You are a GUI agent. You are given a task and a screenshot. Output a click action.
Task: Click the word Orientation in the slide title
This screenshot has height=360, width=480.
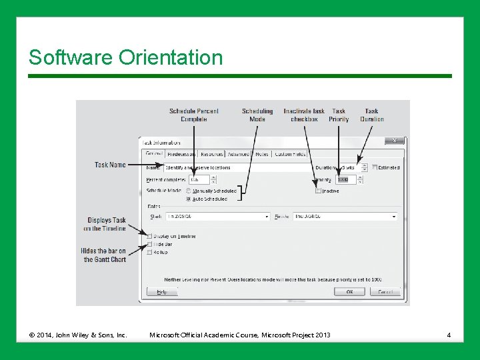click(171, 58)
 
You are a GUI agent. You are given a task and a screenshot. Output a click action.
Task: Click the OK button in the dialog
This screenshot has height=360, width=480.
click(349, 292)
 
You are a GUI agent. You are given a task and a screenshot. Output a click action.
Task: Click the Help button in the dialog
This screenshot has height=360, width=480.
click(161, 292)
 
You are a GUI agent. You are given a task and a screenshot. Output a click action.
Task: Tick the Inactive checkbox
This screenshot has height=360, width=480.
click(319, 191)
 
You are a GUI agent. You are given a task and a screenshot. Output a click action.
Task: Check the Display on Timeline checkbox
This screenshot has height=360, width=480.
click(149, 236)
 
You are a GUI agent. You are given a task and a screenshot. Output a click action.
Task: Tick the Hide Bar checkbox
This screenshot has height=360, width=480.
click(149, 244)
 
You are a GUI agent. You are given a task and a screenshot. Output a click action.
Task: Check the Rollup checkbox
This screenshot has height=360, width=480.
click(149, 252)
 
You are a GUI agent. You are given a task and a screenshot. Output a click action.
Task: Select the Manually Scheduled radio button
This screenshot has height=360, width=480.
click(189, 191)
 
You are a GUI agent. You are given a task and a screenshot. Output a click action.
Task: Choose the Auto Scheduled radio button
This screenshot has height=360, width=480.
click(189, 199)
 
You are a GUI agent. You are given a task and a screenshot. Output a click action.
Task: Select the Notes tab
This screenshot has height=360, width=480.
click(261, 154)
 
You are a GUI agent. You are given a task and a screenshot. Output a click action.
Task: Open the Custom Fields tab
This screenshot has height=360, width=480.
click(290, 154)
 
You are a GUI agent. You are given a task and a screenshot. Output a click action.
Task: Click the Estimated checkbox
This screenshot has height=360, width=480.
click(374, 167)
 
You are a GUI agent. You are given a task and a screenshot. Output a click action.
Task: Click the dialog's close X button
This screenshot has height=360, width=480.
click(395, 141)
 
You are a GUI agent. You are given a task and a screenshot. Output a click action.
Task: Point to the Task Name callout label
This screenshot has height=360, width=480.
click(110, 165)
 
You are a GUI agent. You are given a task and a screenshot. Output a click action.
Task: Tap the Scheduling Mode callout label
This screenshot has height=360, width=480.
click(257, 115)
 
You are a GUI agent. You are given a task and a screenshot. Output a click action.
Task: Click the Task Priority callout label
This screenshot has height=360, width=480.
click(339, 115)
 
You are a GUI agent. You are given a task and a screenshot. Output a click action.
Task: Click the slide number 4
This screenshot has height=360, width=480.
click(449, 335)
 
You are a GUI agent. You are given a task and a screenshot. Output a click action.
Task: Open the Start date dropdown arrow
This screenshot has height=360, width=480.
click(267, 217)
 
